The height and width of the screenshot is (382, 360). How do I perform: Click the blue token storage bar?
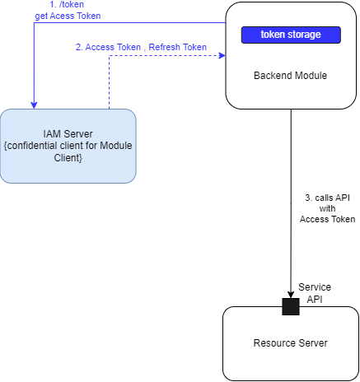tap(291, 35)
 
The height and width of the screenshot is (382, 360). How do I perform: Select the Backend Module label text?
tap(291, 76)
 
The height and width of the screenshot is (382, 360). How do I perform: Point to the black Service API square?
tap(290, 306)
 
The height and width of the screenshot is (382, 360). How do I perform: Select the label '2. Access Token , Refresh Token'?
tap(141, 47)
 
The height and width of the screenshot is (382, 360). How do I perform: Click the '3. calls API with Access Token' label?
tap(327, 208)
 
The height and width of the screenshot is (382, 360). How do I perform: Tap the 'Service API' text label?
tap(315, 292)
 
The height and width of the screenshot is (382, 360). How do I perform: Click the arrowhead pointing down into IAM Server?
tap(34, 104)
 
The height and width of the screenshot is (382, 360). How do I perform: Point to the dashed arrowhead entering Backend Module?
tap(221, 56)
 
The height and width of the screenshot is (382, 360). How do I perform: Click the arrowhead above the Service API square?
tap(290, 294)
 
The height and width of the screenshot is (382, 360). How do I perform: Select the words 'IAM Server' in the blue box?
tap(68, 133)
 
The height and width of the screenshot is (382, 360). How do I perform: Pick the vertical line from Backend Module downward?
tap(290, 206)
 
